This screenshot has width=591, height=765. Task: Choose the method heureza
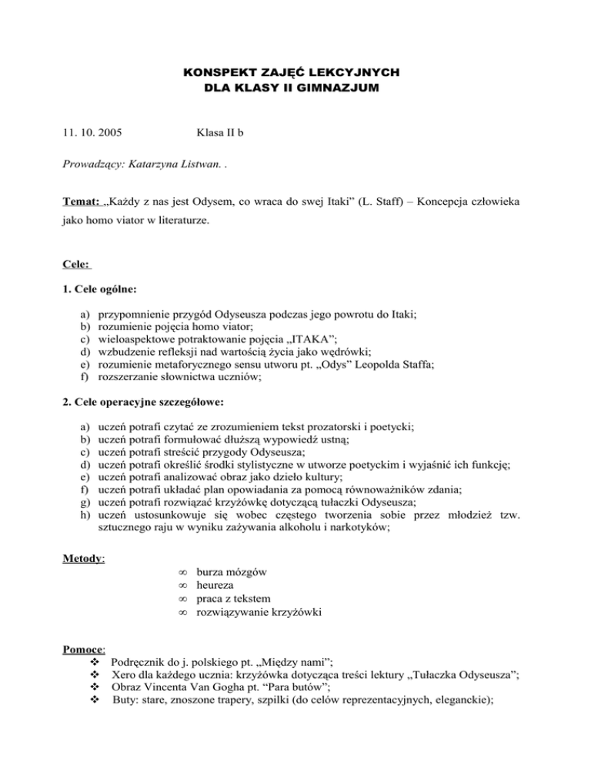coord(217,587)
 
